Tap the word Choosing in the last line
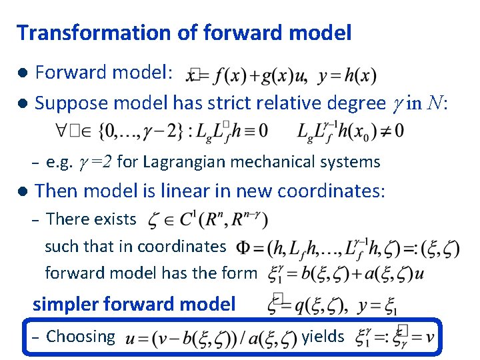[x=81, y=337]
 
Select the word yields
[x=323, y=337]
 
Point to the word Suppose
[x=68, y=103]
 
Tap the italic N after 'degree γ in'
[x=435, y=103]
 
